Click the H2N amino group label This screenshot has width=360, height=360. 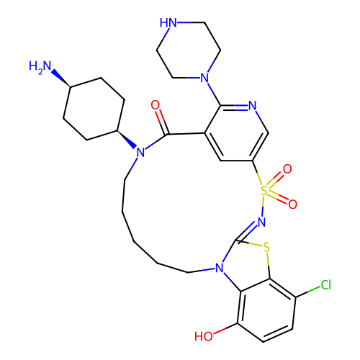click(40, 66)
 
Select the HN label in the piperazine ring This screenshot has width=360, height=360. click(168, 23)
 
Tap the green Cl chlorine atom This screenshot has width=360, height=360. click(326, 285)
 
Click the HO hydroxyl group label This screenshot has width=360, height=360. click(204, 336)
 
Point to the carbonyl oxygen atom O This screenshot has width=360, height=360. click(156, 105)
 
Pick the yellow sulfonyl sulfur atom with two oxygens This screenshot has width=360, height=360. click(264, 191)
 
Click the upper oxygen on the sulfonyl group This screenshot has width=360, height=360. click(287, 169)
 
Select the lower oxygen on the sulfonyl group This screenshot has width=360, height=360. click(292, 204)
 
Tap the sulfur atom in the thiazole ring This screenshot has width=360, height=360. click(266, 247)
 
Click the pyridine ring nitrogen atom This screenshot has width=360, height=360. click(252, 105)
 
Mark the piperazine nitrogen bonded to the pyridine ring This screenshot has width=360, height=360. click(204, 78)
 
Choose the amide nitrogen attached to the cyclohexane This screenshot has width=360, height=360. click(140, 153)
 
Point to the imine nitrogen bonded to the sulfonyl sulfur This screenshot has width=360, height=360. click(261, 222)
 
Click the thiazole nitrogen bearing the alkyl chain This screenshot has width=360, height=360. click(220, 268)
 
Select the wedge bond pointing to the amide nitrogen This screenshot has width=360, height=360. click(127, 140)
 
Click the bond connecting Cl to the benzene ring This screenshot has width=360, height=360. click(308, 292)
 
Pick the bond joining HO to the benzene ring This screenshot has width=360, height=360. click(225, 328)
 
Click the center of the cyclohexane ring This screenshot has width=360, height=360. click(94, 109)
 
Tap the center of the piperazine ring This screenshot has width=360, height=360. click(189, 50)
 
